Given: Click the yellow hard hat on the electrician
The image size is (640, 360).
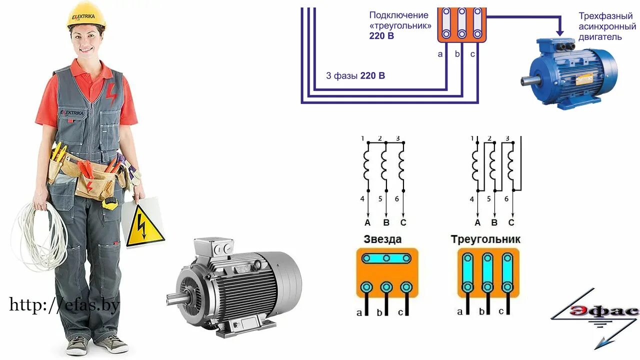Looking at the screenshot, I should [86, 14].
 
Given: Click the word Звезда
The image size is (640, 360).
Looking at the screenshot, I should [382, 239].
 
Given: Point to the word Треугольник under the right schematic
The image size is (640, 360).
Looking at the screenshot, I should [485, 239].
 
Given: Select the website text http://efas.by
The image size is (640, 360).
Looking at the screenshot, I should [64, 304].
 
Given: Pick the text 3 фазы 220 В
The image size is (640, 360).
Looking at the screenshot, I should [355, 76].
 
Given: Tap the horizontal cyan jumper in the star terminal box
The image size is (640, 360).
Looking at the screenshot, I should [387, 258].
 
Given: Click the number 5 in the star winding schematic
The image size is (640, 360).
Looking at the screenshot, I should [380, 198].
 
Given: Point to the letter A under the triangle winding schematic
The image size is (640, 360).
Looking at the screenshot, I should [477, 222].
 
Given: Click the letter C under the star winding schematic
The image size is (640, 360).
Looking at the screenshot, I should [403, 222].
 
